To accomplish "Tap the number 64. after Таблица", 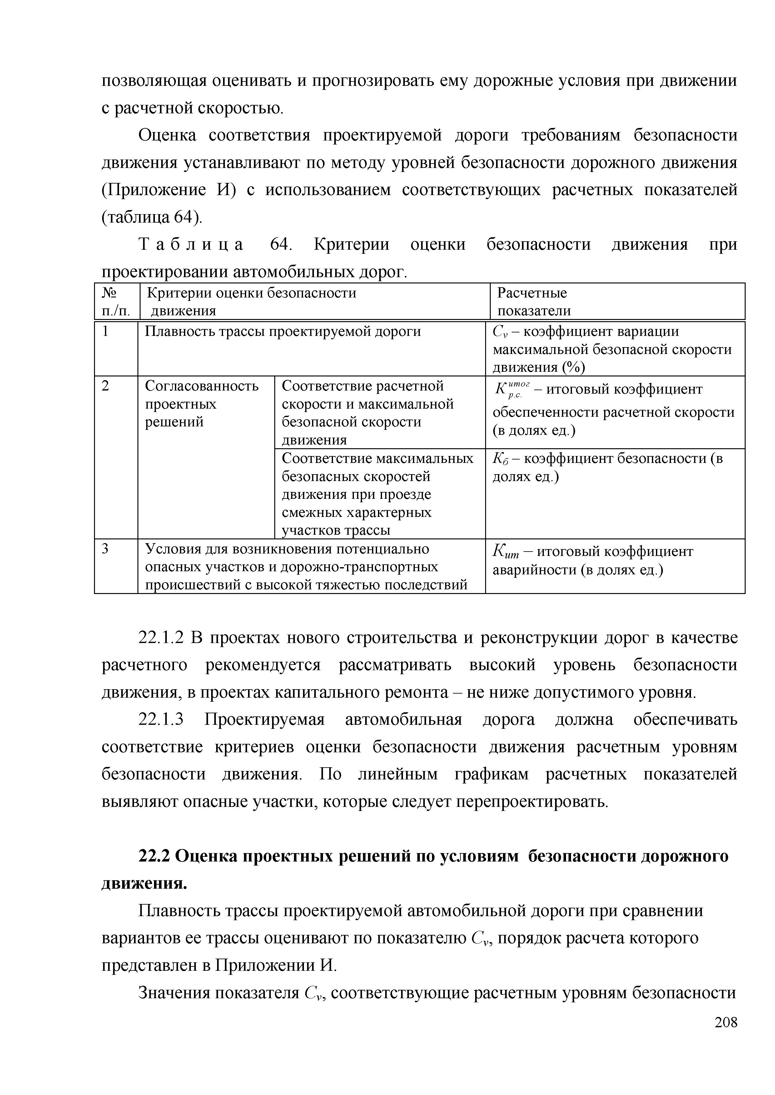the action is click(280, 245).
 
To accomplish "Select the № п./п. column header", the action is click(116, 302).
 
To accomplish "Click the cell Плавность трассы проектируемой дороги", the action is click(282, 331).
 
